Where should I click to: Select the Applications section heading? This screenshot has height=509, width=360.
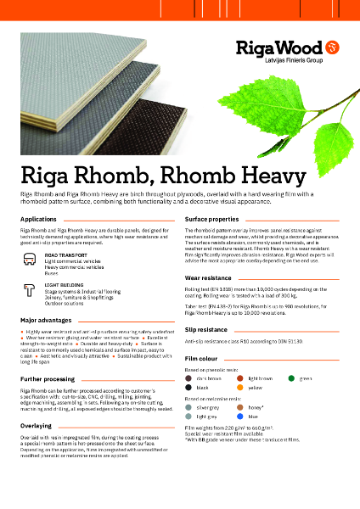pos(38,219)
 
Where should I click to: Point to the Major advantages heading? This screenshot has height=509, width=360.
pos(47,321)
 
